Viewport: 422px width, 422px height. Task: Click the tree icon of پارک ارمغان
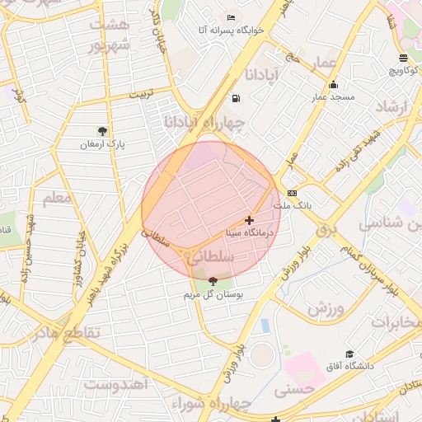(x=102, y=130)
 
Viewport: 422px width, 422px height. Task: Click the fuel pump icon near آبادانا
(x=237, y=99)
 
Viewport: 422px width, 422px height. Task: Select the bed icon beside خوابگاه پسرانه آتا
(x=231, y=18)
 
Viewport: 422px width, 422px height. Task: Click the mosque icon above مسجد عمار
(x=332, y=84)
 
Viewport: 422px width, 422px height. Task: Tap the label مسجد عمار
(x=333, y=97)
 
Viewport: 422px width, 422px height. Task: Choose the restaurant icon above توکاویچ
(x=403, y=59)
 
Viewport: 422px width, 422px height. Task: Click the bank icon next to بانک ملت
(x=292, y=192)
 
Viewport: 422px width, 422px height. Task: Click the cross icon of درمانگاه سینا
(x=250, y=221)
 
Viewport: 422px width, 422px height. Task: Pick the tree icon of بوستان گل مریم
(x=213, y=282)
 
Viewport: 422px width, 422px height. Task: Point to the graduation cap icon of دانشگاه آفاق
(x=349, y=353)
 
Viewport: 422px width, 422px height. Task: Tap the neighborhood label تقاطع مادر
(x=65, y=333)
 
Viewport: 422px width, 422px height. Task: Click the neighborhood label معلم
(x=58, y=198)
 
